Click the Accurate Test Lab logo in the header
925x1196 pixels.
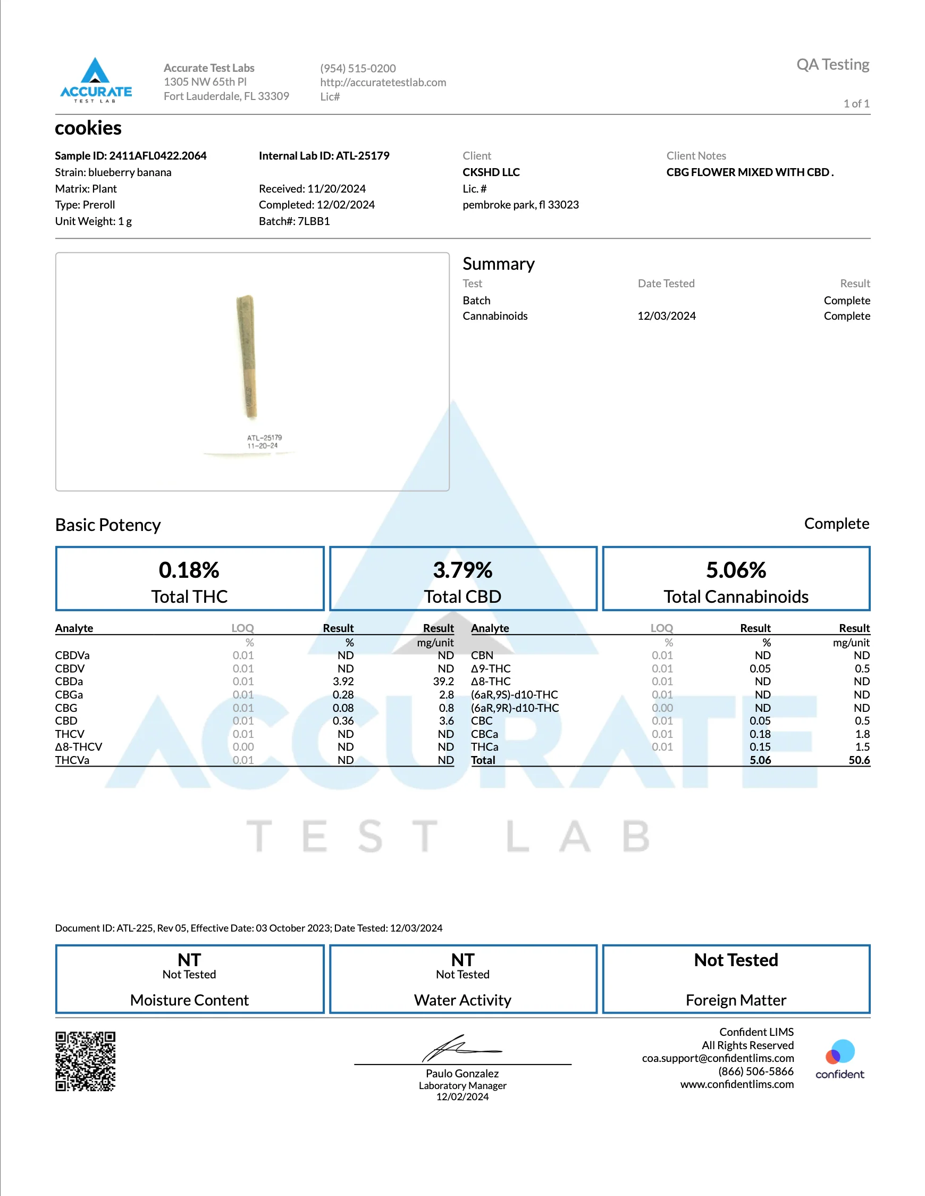pyautogui.click(x=96, y=80)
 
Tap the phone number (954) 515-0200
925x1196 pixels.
pyautogui.click(x=358, y=69)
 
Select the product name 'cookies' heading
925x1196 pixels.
pyautogui.click(x=88, y=128)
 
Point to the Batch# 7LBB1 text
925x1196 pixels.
pyautogui.click(x=295, y=221)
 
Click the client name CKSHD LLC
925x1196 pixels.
pyautogui.click(x=491, y=172)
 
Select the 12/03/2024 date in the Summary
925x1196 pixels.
pyautogui.click(x=667, y=316)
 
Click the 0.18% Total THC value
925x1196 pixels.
pyautogui.click(x=189, y=570)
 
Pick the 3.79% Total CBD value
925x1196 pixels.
pyautogui.click(x=463, y=570)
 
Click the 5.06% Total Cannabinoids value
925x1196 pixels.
pyautogui.click(x=736, y=570)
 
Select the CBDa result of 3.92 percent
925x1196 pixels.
pyautogui.click(x=343, y=681)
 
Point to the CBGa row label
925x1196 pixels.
pyautogui.click(x=69, y=694)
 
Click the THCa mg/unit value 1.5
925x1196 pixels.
pyautogui.click(x=862, y=747)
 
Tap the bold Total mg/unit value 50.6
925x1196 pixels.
pyautogui.click(x=859, y=760)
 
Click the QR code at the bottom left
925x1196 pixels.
pyautogui.click(x=86, y=1061)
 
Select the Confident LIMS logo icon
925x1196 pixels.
pyautogui.click(x=839, y=1052)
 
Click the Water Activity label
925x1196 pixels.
pyautogui.click(x=463, y=1000)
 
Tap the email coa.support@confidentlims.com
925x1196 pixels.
pyautogui.click(x=718, y=1058)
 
